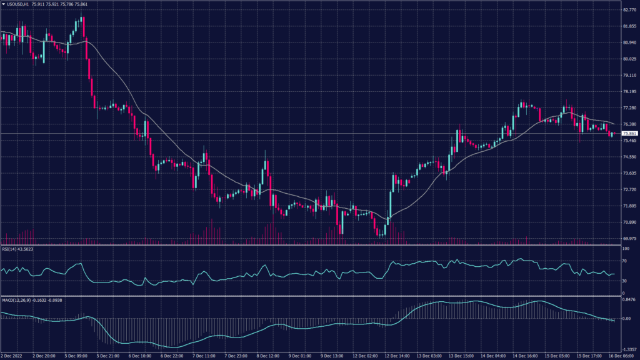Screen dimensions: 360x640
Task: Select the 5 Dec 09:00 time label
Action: point(77,356)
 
